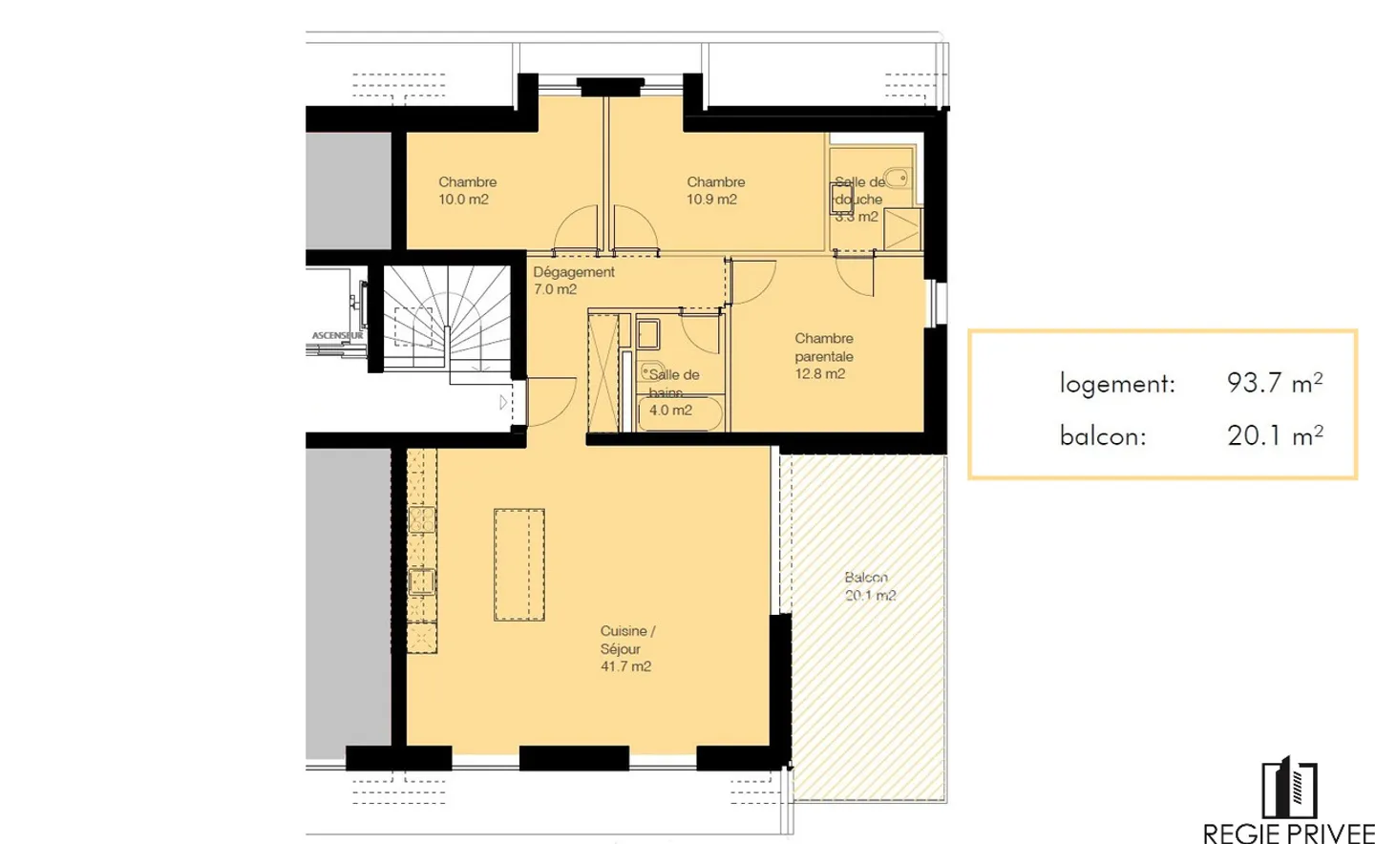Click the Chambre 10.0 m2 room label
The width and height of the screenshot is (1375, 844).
point(466,191)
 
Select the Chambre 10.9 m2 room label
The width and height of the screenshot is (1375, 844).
point(714,191)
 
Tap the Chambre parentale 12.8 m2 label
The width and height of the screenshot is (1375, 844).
point(823,356)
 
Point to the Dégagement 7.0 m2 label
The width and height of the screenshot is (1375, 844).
point(573,281)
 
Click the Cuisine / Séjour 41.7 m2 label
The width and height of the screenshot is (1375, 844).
point(627,649)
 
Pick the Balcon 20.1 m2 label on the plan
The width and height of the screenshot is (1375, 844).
point(869,586)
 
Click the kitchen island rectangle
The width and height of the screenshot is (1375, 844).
point(518,564)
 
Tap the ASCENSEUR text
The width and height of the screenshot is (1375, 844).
point(337,336)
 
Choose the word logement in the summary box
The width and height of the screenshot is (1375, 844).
point(1117,384)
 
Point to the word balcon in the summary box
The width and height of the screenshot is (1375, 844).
point(1103,436)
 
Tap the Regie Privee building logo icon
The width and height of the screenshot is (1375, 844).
point(1289,789)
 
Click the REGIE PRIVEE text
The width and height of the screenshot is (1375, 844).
point(1288,833)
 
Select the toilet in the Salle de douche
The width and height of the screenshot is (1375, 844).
point(896,178)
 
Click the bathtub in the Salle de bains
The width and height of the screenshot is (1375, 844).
point(680,413)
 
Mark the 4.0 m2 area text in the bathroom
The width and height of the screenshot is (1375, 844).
point(670,411)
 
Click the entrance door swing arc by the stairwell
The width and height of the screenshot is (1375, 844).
point(548,402)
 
